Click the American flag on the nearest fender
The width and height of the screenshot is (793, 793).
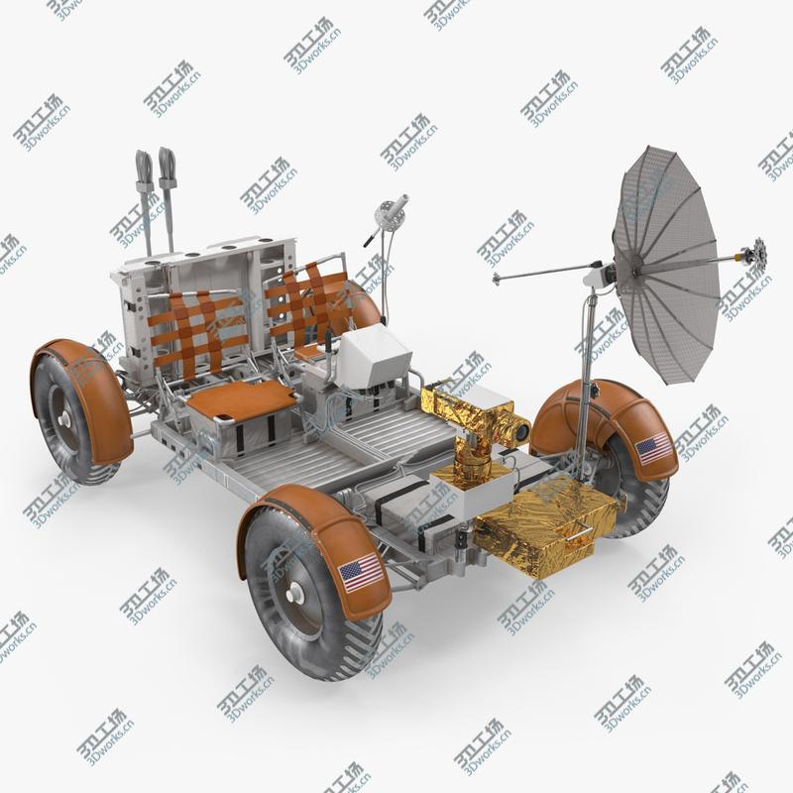tap(361, 572)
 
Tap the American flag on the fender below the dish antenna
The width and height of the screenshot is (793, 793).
tap(653, 449)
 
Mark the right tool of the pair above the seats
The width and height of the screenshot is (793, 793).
tap(167, 164)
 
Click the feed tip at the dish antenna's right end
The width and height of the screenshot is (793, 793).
tap(757, 247)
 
